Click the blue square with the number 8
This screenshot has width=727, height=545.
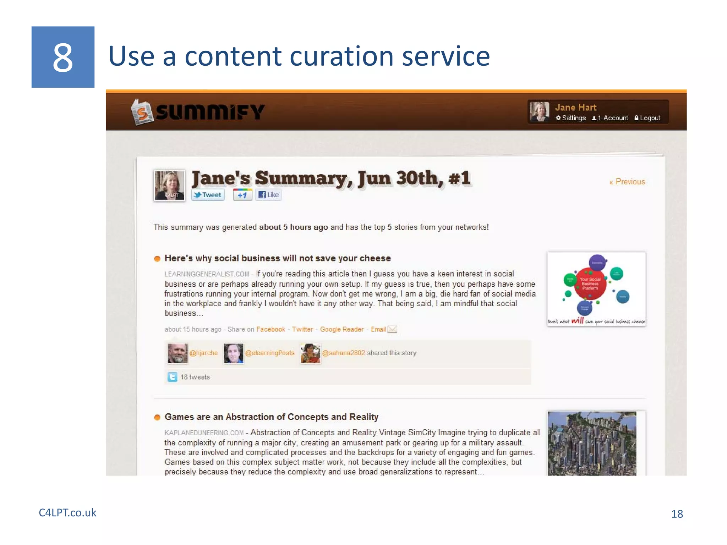(x=63, y=57)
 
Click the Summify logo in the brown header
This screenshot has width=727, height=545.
(x=198, y=112)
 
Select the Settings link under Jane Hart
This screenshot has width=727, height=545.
(x=571, y=118)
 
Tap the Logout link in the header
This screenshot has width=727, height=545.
(x=647, y=118)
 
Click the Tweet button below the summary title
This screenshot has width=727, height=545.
(x=208, y=195)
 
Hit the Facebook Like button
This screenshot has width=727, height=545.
(x=268, y=195)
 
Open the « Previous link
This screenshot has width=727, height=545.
(x=627, y=182)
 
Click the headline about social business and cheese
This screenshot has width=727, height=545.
(x=277, y=258)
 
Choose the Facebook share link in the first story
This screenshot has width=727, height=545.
(x=270, y=329)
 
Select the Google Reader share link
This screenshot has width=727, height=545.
(x=341, y=329)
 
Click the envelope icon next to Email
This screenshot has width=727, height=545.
(x=392, y=329)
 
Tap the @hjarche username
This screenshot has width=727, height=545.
(x=203, y=353)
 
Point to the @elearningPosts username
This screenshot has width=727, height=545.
(x=270, y=353)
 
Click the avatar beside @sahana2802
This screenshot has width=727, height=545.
(x=310, y=353)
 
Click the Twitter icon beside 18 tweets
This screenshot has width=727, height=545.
(x=172, y=377)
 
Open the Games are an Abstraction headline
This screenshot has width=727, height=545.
(x=271, y=417)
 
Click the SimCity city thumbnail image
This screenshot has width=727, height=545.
(x=592, y=444)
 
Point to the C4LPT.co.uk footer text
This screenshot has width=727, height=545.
(x=67, y=513)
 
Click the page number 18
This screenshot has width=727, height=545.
(x=677, y=514)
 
